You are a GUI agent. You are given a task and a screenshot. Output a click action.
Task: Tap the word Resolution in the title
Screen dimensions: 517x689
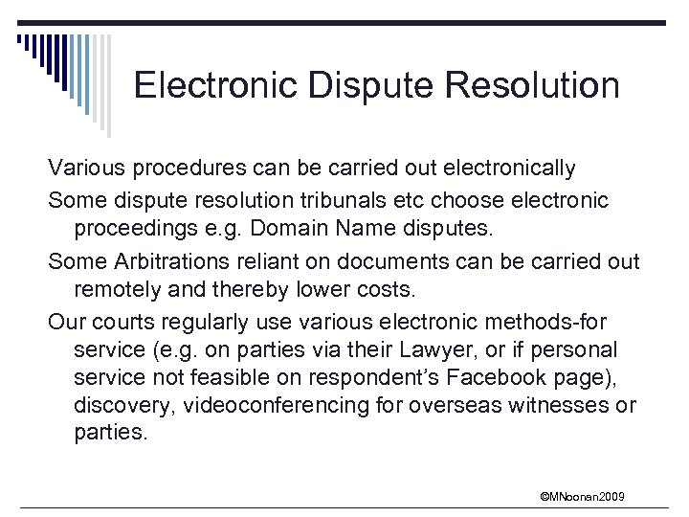[534, 86]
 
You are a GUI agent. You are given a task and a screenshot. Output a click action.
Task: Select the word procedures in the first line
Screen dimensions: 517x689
[183, 169]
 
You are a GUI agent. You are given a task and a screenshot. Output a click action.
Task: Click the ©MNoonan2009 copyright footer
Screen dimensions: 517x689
[582, 495]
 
